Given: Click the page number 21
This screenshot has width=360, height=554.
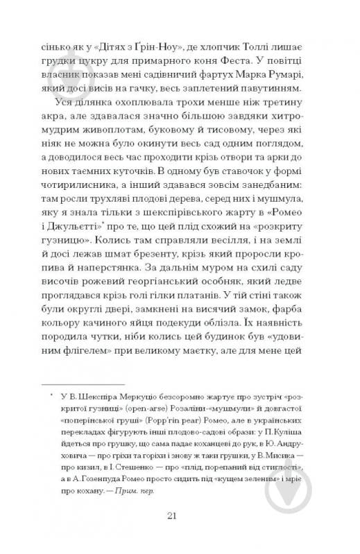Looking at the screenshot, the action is pyautogui.click(x=180, y=514).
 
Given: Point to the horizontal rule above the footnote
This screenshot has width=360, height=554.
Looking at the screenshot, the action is pyautogui.click(x=83, y=383).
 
